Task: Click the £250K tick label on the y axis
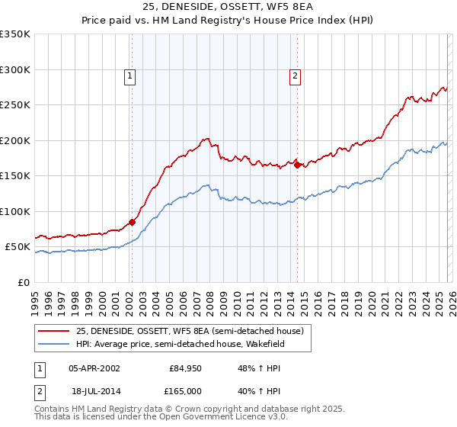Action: coord(15,105)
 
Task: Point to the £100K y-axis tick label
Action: coord(15,211)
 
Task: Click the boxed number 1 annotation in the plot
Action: coord(131,75)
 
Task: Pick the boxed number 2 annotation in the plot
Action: coord(294,75)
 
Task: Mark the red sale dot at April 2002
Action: coord(132,222)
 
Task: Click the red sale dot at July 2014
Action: coord(297,165)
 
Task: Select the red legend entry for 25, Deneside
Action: coord(190,331)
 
